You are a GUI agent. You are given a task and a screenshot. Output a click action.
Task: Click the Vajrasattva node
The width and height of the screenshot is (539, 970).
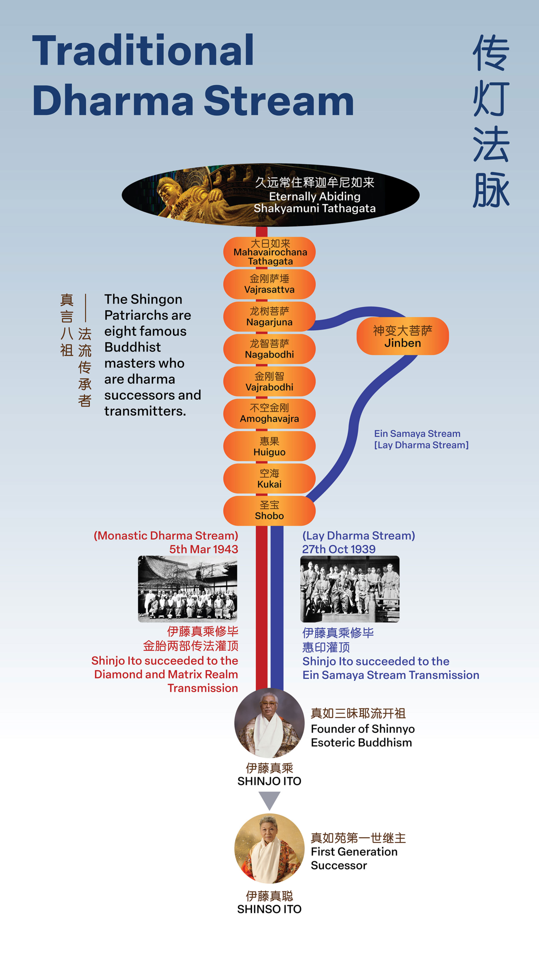269,284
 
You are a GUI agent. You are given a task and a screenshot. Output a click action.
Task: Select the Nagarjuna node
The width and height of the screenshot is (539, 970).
269,317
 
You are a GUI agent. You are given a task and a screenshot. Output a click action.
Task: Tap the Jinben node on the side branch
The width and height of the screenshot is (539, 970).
403,336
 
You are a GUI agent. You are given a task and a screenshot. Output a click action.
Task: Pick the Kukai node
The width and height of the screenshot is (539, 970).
269,479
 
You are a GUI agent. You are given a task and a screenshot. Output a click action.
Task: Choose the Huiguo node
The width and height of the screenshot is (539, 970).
269,446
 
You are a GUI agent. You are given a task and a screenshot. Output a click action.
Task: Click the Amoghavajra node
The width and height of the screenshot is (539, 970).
269,413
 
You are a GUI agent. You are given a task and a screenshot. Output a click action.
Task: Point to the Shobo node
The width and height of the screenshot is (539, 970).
269,510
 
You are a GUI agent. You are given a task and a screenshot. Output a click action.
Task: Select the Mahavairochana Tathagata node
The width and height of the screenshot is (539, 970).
269,252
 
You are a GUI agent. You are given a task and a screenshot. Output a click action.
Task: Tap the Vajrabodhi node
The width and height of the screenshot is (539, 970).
269,382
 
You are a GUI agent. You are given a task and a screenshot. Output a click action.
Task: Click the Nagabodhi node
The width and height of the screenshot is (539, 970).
269,349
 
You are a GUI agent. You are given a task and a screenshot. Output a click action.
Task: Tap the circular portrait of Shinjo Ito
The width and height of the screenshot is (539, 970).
269,722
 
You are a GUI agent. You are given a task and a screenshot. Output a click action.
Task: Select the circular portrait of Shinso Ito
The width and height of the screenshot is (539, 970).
269,848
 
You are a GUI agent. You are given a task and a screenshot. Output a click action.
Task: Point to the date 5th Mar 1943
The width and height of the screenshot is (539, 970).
203,549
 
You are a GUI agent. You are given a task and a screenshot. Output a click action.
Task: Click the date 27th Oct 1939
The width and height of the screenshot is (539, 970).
339,549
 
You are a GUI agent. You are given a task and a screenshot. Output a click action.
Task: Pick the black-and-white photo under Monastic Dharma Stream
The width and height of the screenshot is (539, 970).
187,588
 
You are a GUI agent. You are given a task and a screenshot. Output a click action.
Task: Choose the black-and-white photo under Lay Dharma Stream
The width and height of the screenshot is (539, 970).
350,588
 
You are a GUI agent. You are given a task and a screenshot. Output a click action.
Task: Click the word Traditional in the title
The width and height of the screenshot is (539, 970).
143,50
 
